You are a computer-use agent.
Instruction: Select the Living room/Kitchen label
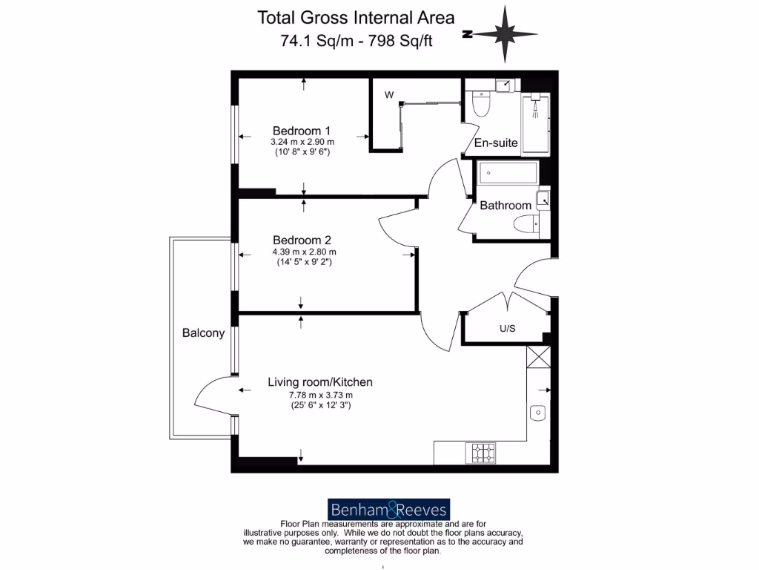[320, 382]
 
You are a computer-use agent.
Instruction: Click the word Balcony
[203, 333]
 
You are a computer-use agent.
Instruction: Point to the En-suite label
[496, 142]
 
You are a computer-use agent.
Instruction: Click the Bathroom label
[506, 206]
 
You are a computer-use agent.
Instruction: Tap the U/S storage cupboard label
[507, 327]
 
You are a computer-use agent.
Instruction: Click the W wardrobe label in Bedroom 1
[388, 95]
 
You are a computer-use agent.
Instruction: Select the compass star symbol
[504, 34]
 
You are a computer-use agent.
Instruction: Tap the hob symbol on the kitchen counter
[482, 451]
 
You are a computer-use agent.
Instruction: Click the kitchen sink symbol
[538, 412]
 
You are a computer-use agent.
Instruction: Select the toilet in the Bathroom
[527, 223]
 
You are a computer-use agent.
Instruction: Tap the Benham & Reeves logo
[389, 509]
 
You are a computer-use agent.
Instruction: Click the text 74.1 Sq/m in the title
[305, 41]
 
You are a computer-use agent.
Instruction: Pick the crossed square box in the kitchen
[538, 358]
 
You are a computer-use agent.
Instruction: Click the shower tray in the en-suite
[535, 125]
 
